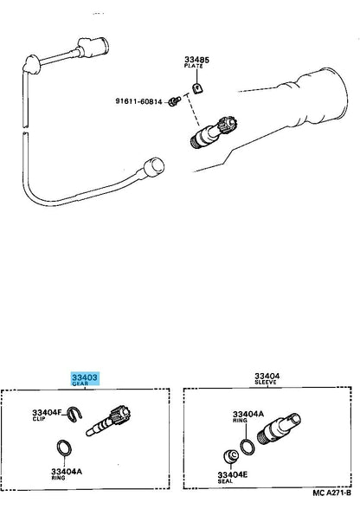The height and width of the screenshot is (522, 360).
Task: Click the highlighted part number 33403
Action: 85,377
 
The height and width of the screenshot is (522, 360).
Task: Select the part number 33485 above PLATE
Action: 196,60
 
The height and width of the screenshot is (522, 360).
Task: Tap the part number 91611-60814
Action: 138,101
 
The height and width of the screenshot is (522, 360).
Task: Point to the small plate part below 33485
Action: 197,88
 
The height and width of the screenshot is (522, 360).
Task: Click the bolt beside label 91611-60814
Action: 174,101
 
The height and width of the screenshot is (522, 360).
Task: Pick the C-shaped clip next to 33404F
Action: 74,415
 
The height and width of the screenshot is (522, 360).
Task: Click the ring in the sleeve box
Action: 247,447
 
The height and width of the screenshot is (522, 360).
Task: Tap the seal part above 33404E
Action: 230,455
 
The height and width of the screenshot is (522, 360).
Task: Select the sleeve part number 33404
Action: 267,376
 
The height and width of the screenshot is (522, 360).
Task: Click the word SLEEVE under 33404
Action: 266,382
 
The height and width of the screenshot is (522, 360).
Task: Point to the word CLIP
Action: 39,419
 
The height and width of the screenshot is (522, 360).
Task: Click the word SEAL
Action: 225,481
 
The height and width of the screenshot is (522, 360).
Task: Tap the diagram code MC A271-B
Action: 331,493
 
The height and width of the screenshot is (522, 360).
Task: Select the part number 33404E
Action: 232,474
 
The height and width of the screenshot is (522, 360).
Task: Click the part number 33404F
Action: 47,412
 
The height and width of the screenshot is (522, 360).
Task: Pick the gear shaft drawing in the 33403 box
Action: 108,420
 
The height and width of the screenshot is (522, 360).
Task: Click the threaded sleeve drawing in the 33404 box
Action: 279,429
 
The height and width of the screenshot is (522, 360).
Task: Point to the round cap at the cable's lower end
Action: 153,167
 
